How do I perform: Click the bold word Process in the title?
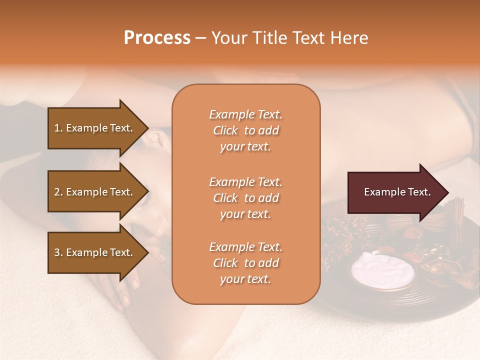coord(157,38)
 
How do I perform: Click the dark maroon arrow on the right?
coord(395,192)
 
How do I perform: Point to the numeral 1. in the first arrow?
coord(58,128)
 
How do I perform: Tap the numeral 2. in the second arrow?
coord(58,192)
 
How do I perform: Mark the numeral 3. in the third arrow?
coord(58,252)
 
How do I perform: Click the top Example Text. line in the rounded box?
coord(245,114)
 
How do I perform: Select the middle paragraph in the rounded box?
coord(245,198)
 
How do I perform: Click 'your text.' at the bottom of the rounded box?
coord(245,279)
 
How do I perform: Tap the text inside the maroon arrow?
coord(397,192)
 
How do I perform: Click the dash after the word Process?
coord(201,38)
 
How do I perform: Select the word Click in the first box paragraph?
coord(225,130)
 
